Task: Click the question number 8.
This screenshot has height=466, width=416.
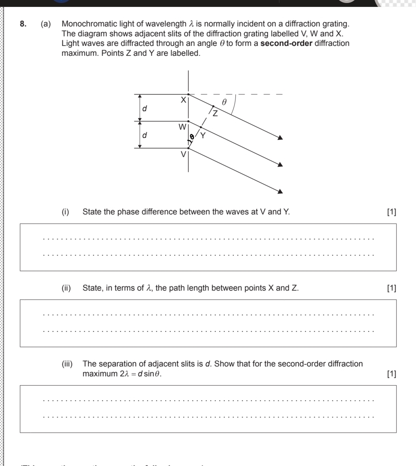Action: pos(23,24)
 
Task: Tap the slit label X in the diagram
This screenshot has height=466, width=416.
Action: pos(183,100)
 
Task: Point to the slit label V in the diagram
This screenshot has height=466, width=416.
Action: pos(183,154)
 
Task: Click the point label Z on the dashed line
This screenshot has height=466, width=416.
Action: pos(215,114)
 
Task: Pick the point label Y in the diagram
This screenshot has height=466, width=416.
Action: pos(203,135)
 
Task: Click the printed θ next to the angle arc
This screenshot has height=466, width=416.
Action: pos(224,102)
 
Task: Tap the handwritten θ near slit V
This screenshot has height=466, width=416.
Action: pos(192,136)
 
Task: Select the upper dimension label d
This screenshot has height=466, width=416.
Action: pos(144,108)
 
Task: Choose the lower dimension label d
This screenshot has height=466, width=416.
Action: pos(144,135)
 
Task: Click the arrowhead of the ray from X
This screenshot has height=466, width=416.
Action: pos(280,138)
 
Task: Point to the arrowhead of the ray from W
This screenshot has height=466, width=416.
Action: pos(280,165)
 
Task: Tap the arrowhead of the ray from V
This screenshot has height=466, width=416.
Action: pos(280,192)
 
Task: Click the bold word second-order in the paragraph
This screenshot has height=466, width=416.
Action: pos(286,44)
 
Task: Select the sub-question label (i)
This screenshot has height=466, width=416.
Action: pos(66,212)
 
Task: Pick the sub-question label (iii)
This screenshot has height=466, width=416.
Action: pos(67,364)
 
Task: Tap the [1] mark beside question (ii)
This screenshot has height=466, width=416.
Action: pos(391,288)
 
